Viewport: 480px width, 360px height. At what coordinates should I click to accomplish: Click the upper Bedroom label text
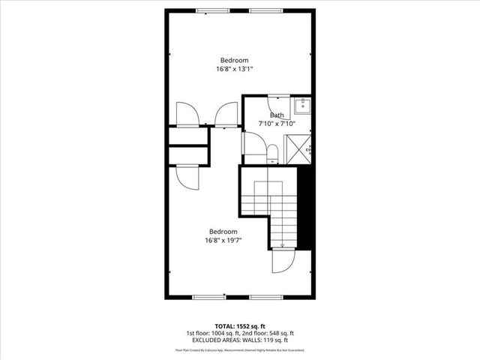234,60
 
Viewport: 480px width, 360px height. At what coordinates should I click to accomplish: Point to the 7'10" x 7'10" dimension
277,123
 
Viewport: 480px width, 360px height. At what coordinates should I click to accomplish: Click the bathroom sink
302,104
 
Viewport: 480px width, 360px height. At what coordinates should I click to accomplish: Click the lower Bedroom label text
223,232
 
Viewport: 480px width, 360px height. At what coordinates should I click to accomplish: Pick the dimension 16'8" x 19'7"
223,240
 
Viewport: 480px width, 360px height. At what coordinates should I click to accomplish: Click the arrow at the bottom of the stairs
282,243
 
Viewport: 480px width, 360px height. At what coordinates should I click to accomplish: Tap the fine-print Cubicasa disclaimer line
239,349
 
